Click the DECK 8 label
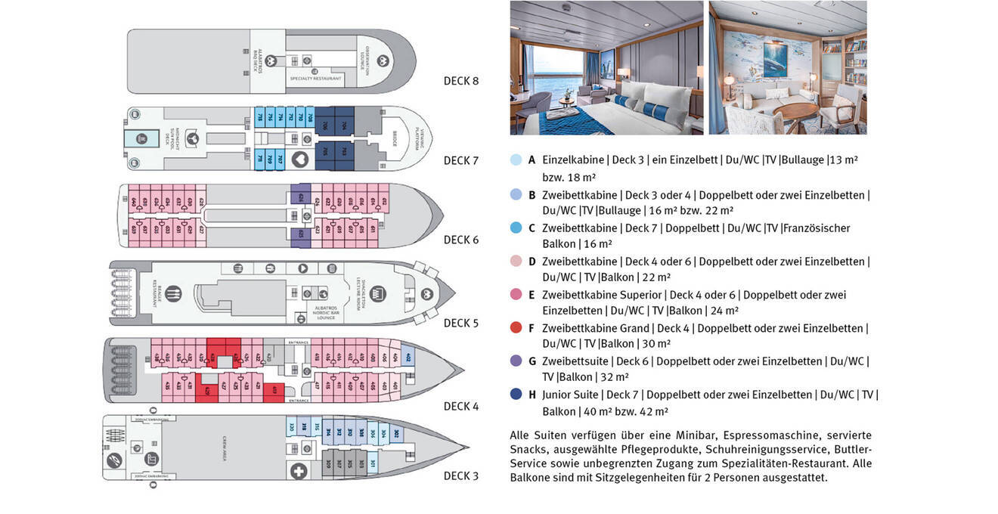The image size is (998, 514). point(460,81)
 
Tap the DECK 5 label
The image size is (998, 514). point(460,323)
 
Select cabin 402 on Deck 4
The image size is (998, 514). point(408,357)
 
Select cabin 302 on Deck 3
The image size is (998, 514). point(395,432)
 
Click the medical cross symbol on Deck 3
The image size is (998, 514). point(299,472)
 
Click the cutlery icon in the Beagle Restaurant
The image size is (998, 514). point(174,293)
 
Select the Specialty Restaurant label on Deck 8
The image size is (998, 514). point(316,79)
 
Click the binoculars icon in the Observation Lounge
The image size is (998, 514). point(383,61)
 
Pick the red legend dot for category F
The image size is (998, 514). point(516,327)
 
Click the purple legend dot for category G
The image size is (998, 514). point(516,361)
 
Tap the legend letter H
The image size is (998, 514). point(532,394)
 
